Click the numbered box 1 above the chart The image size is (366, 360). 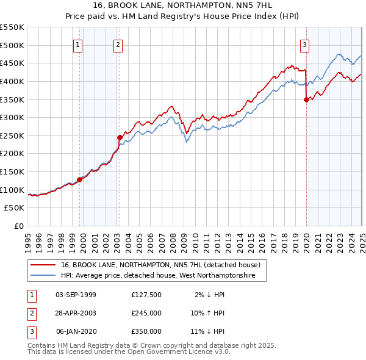click(x=79, y=43)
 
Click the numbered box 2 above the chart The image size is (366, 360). click(x=118, y=43)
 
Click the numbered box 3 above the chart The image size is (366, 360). click(x=304, y=43)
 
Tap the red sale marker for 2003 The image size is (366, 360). click(x=120, y=137)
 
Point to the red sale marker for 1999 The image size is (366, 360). click(x=79, y=179)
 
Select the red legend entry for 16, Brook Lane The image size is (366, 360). click(x=160, y=265)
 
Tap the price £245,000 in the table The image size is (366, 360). click(x=146, y=313)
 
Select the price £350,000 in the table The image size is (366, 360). click(x=146, y=331)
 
